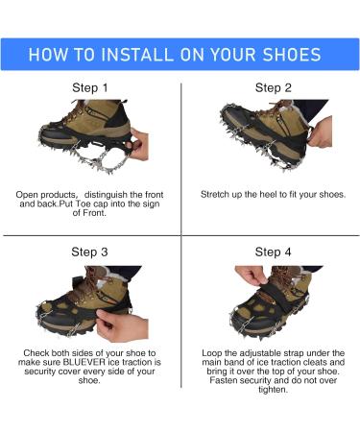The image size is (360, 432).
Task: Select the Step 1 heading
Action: coord(90,88)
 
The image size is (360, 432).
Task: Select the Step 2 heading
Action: coord(272,88)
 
